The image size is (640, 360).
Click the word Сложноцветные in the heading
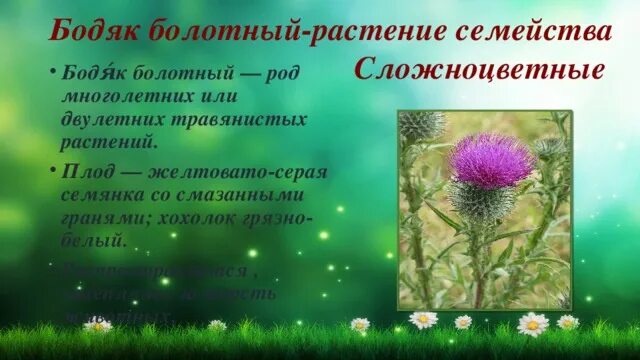tap(479, 72)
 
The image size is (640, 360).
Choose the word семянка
tap(104, 193)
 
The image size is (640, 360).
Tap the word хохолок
tap(217, 216)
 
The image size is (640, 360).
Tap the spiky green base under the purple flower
tap(479, 201)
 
